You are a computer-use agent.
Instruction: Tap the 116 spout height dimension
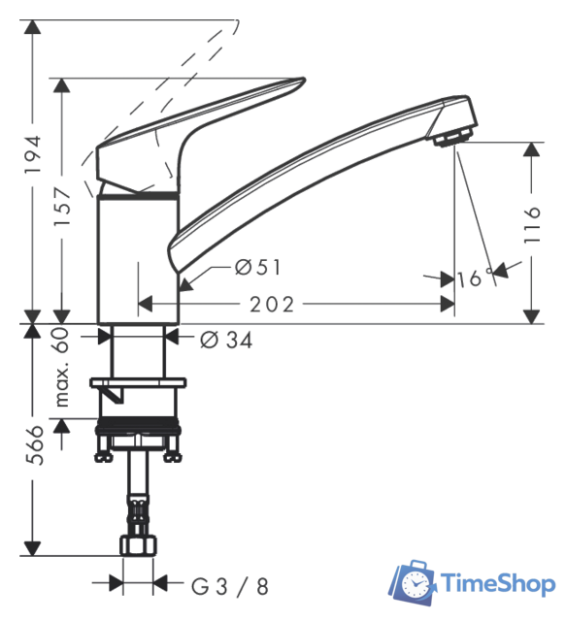click(531, 227)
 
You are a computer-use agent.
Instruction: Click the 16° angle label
click(471, 279)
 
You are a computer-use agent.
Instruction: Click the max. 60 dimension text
click(63, 367)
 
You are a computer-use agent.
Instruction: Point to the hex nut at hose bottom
click(138, 545)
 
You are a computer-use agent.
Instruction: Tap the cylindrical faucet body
click(139, 257)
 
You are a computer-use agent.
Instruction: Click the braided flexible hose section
click(138, 510)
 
